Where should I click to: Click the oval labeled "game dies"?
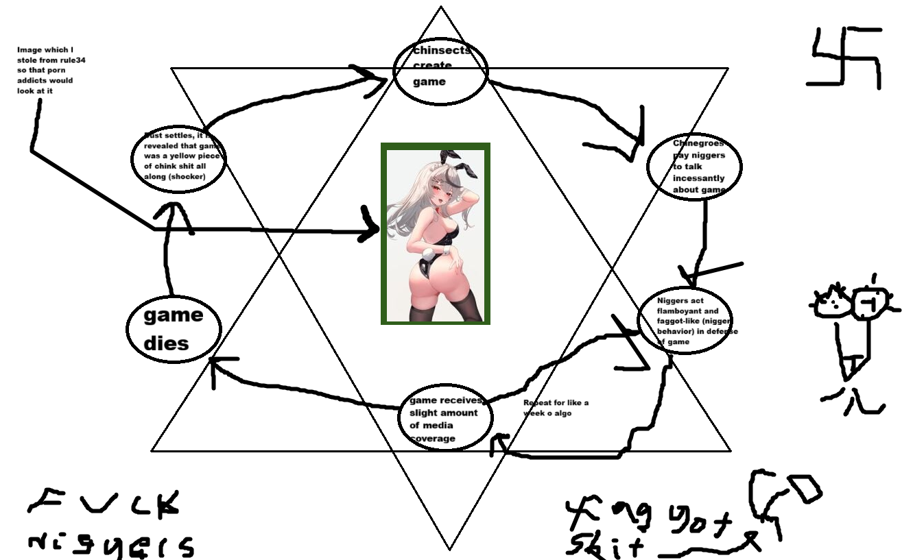coord(174,330)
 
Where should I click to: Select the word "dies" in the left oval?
coord(167,343)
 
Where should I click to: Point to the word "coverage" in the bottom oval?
coord(433,438)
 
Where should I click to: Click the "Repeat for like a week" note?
coord(556,408)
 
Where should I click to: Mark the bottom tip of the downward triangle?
coord(449,549)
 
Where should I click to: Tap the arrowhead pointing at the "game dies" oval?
coord(217,362)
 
